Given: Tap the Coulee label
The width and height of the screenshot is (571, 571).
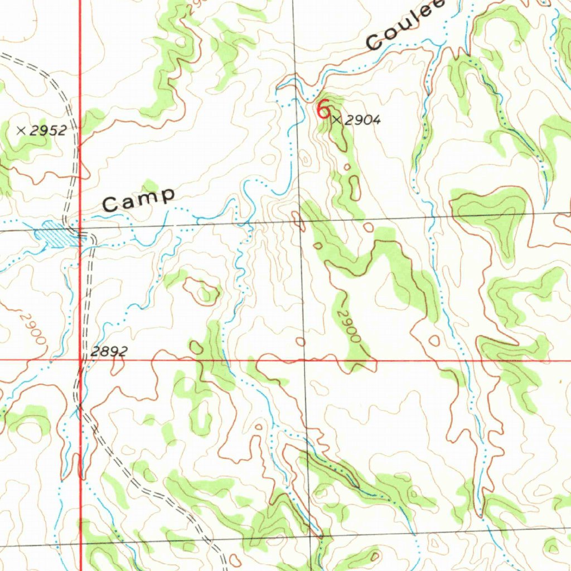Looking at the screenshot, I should (406, 26).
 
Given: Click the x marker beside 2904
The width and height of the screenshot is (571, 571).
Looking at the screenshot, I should (336, 119).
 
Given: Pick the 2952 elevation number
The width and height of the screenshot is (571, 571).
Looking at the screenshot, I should (49, 131).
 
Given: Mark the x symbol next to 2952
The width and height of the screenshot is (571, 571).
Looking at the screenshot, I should (21, 131).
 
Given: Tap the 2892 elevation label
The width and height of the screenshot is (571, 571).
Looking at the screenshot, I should (109, 351).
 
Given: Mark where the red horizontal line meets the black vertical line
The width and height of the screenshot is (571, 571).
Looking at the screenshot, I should (304, 361).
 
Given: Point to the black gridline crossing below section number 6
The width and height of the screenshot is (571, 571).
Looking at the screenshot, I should (300, 221).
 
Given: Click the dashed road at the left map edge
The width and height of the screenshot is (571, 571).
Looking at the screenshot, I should (3, 56).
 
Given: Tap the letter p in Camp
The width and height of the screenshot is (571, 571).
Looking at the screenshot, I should (167, 196).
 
